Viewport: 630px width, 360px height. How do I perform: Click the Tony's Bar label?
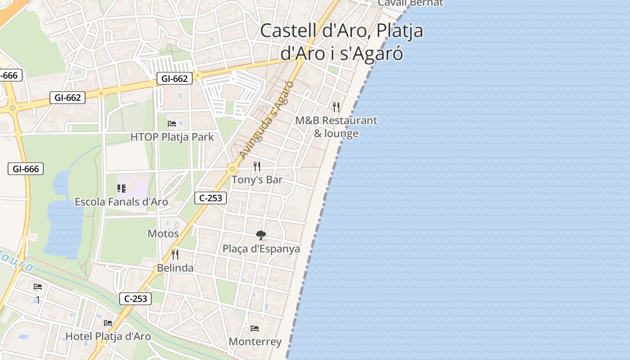[257, 180]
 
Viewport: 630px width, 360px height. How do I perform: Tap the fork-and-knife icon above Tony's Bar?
[257, 166]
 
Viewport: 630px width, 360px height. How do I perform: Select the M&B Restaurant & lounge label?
[336, 127]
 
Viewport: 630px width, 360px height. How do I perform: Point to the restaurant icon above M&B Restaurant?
[336, 107]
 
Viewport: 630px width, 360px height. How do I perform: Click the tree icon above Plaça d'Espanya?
[261, 235]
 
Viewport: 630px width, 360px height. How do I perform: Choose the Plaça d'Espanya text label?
[261, 249]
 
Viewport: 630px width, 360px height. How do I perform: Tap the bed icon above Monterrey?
[255, 328]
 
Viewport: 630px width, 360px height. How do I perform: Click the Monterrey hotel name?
[255, 342]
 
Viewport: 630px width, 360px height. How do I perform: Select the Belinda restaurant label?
[175, 268]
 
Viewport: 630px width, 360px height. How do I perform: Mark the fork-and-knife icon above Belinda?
[175, 255]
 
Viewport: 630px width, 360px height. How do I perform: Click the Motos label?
[163, 234]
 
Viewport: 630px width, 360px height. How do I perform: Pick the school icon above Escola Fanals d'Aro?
[121, 189]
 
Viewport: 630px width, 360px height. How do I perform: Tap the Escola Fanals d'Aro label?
[121, 202]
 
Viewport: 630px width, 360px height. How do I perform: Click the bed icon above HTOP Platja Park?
[172, 123]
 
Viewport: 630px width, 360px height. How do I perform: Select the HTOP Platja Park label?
[172, 137]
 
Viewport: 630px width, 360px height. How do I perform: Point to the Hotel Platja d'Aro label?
[108, 336]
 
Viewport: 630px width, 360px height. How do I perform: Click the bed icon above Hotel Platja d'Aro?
[108, 323]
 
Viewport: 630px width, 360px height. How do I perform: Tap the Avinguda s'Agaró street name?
[267, 119]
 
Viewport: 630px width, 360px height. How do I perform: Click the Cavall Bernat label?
[410, 3]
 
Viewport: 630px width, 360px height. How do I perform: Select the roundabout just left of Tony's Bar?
[232, 169]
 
